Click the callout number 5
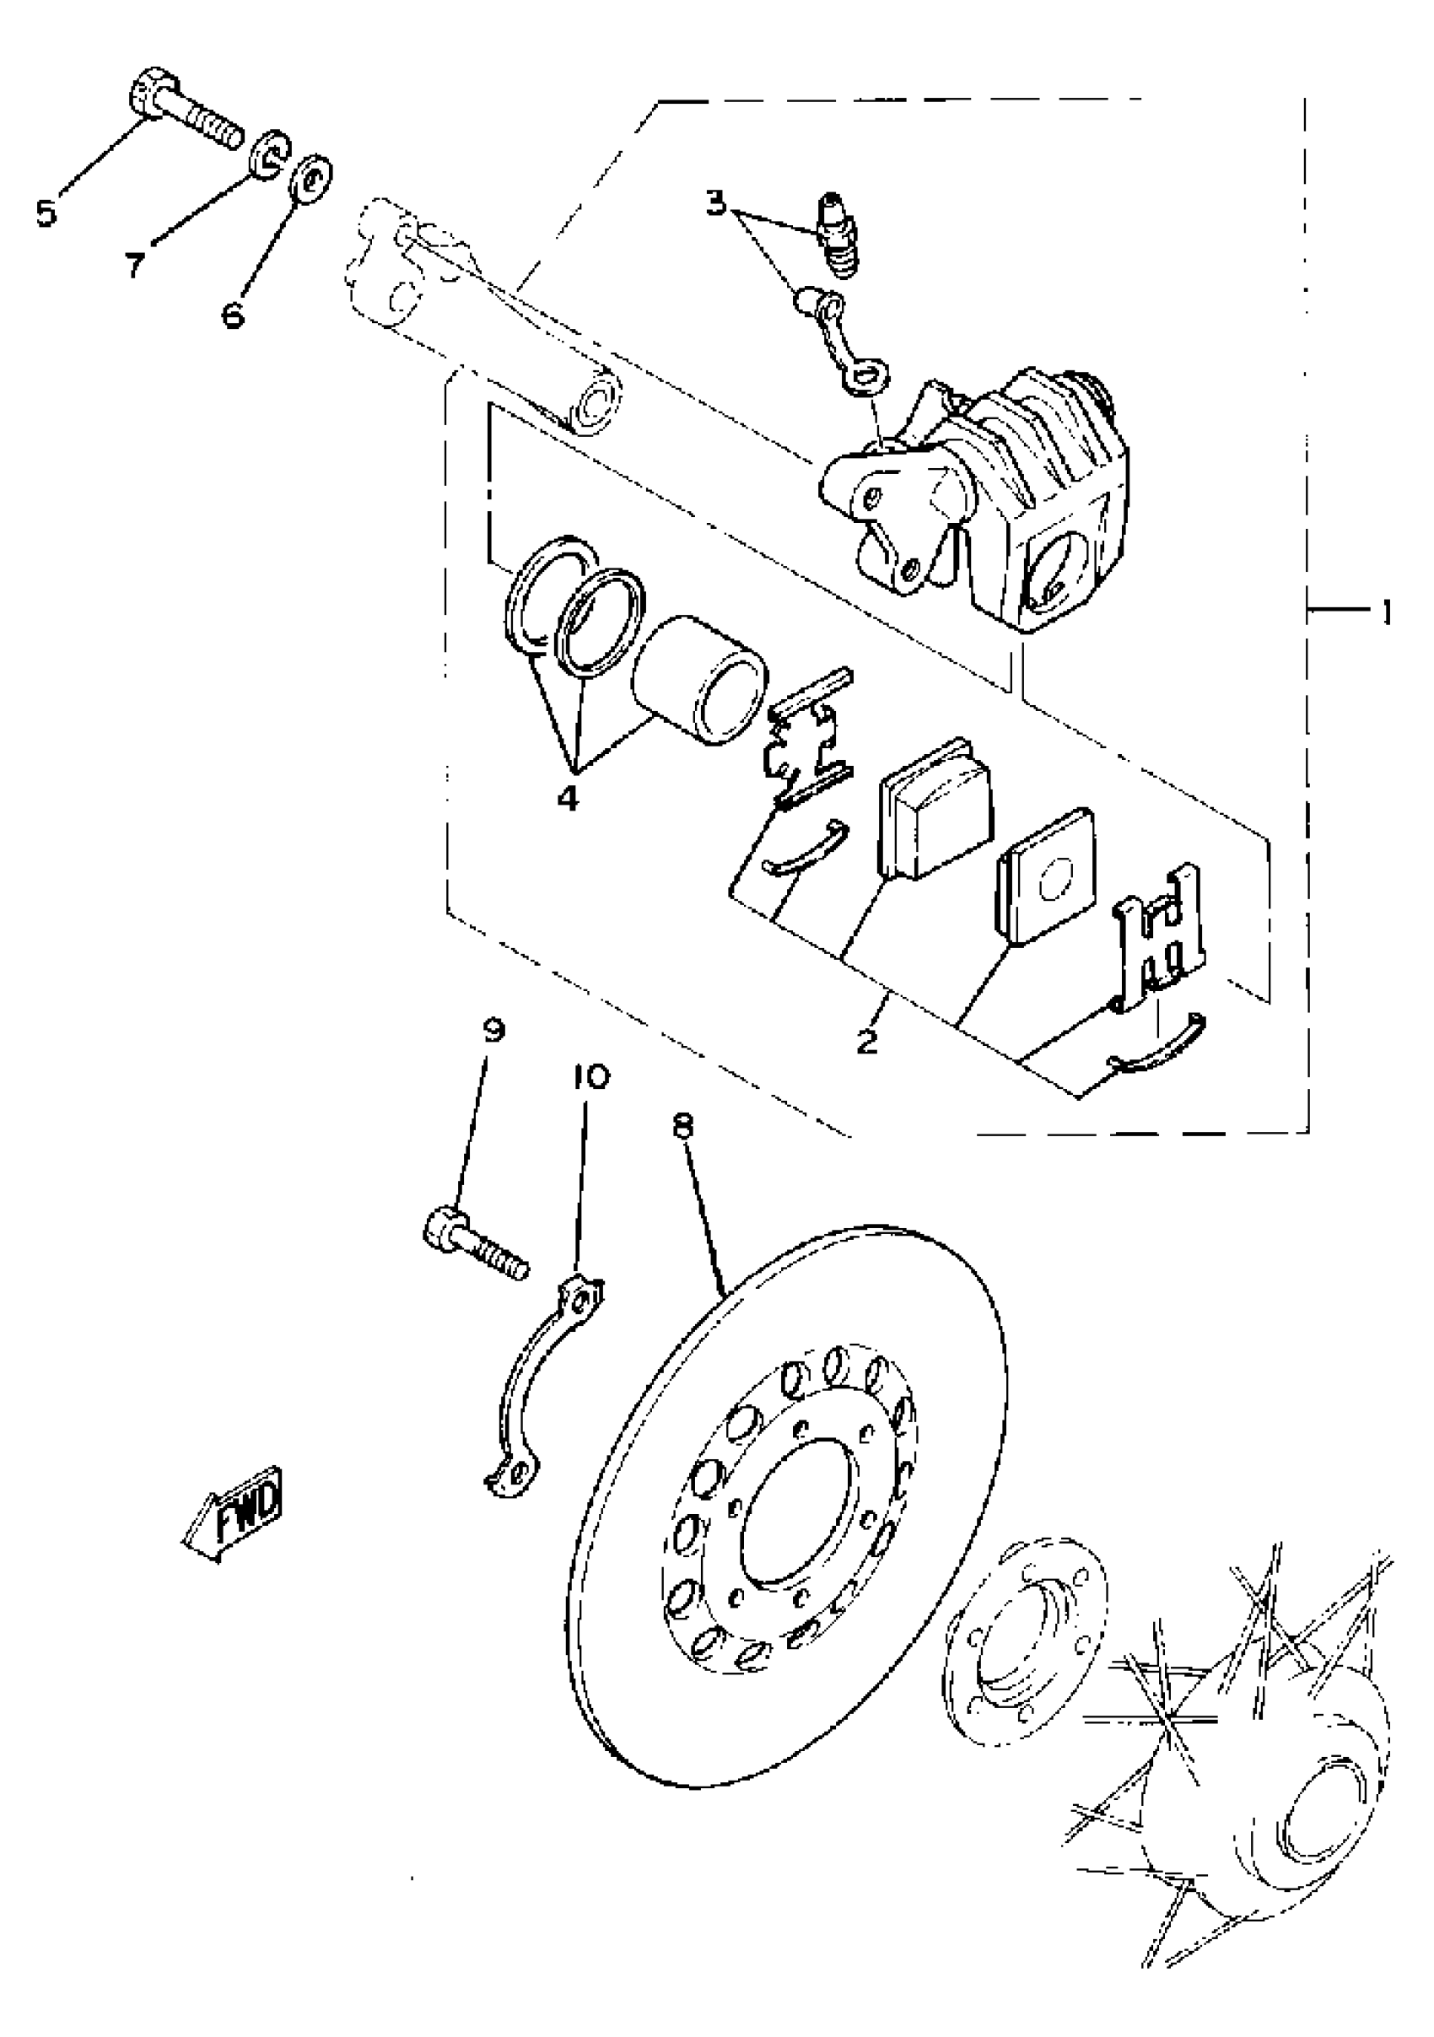[x=46, y=213]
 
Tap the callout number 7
[x=134, y=263]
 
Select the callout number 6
[x=233, y=313]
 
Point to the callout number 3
[x=715, y=204]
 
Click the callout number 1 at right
[x=1383, y=612]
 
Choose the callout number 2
[x=866, y=1040]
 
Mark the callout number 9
[x=493, y=1030]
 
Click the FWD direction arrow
[x=234, y=1517]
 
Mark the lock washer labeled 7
[x=268, y=156]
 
